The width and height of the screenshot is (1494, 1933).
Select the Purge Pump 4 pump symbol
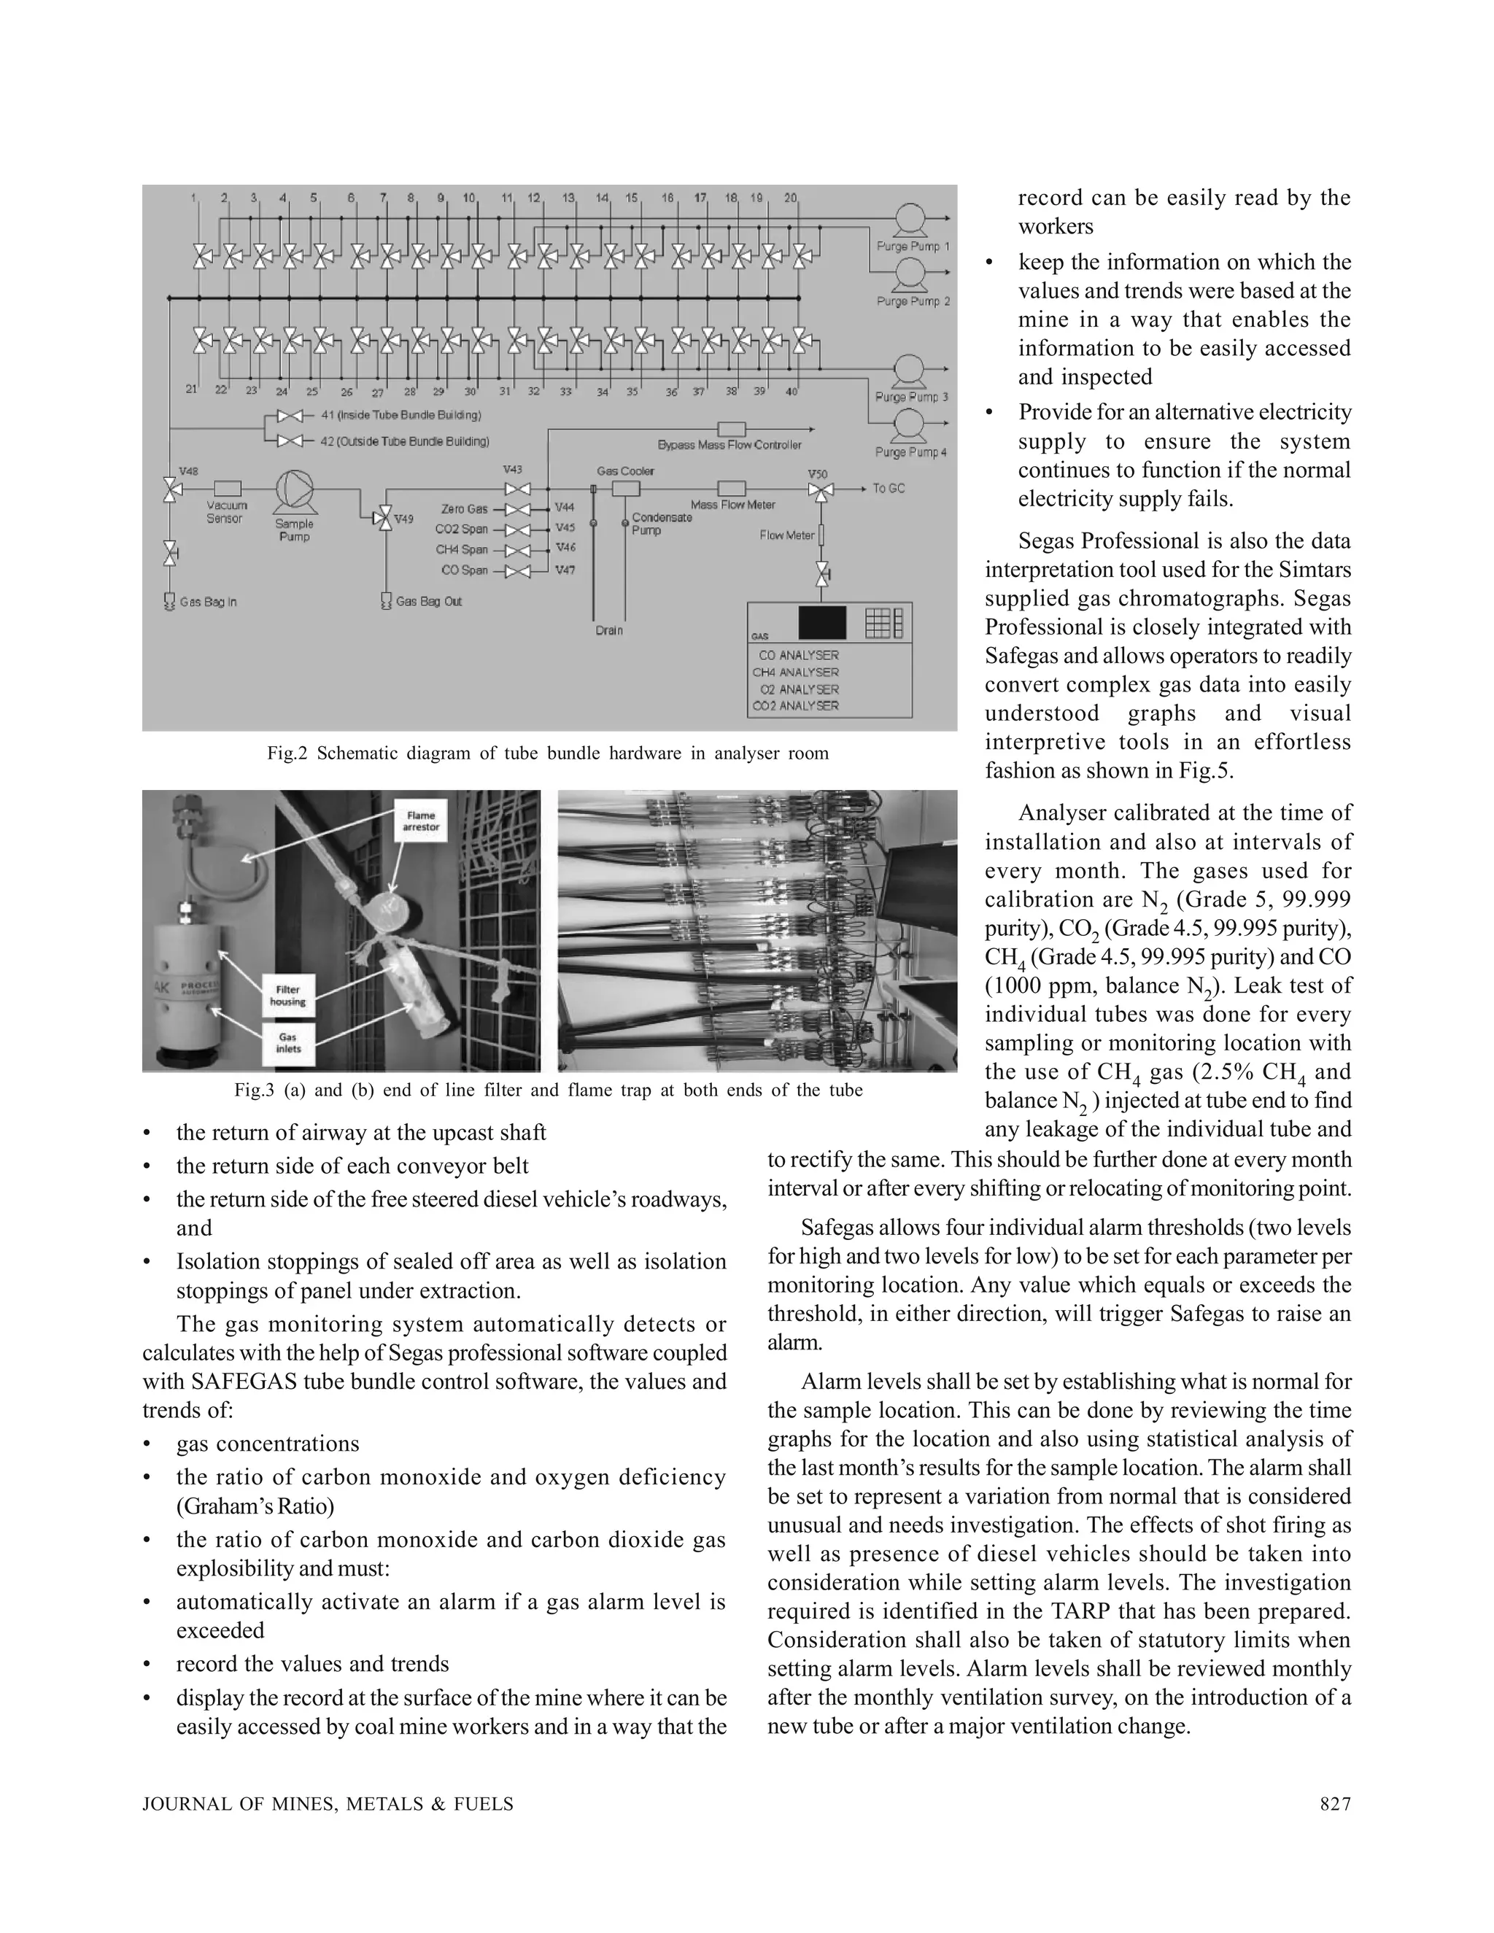tap(909, 425)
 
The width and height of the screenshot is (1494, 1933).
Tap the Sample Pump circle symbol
tap(294, 489)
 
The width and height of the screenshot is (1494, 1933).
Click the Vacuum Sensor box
tap(227, 488)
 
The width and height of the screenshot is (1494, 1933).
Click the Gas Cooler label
tap(625, 471)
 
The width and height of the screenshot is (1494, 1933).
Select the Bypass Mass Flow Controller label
tap(729, 444)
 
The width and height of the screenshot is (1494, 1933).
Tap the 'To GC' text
tap(889, 489)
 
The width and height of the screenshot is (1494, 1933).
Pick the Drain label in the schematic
tap(609, 630)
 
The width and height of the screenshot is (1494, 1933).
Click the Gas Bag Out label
tap(428, 601)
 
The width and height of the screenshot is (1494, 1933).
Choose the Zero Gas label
tap(465, 509)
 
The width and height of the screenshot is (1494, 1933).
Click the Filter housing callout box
tap(287, 996)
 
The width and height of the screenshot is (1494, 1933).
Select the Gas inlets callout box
tap(287, 1042)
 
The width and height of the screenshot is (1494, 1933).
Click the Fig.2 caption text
tap(548, 754)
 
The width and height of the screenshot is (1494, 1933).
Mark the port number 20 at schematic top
tap(789, 198)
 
